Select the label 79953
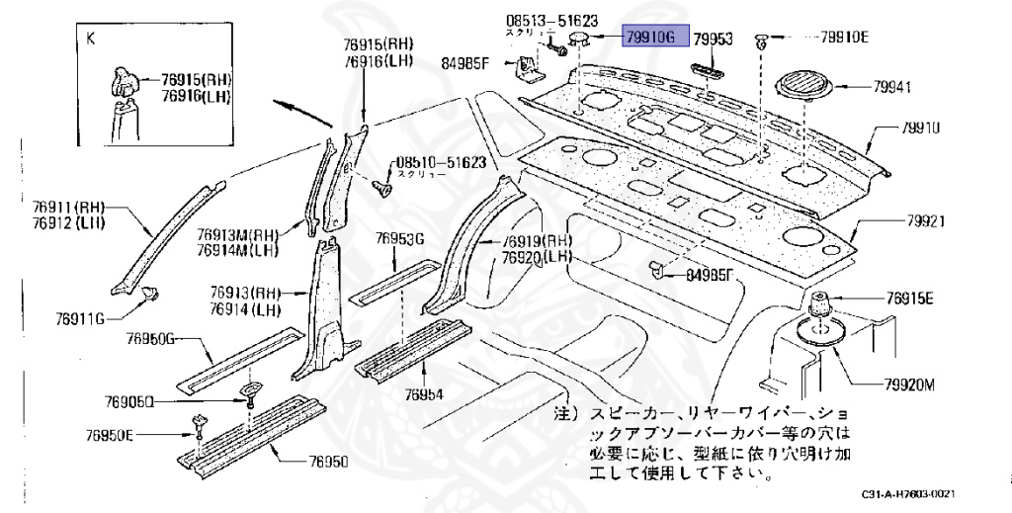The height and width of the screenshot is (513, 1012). [x=712, y=40]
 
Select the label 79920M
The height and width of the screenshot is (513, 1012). [x=901, y=385]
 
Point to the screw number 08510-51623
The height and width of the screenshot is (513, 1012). [x=441, y=162]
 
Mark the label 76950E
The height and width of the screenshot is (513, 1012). [x=110, y=435]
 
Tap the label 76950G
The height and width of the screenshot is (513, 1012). [x=150, y=339]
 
